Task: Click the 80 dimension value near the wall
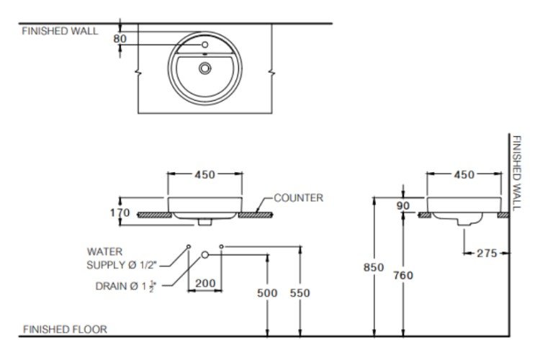[x=120, y=39]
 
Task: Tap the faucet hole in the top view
[x=205, y=45]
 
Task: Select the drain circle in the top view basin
[x=205, y=68]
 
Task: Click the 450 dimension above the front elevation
[x=205, y=175]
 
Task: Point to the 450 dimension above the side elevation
[x=464, y=175]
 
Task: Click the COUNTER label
[x=299, y=198]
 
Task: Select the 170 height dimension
[x=120, y=212]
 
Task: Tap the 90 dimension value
[x=403, y=206]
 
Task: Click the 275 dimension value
[x=487, y=253]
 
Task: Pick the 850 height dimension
[x=374, y=267]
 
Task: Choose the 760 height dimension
[x=403, y=275]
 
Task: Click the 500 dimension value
[x=267, y=293]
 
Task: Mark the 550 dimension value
[x=300, y=293]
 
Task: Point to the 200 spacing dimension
[x=205, y=283]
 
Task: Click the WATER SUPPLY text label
[x=122, y=258]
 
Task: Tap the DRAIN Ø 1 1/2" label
[x=126, y=287]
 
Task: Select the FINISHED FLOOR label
[x=65, y=329]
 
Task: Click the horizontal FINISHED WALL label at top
[x=60, y=31]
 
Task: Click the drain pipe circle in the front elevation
[x=205, y=255]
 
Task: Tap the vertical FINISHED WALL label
[x=516, y=173]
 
